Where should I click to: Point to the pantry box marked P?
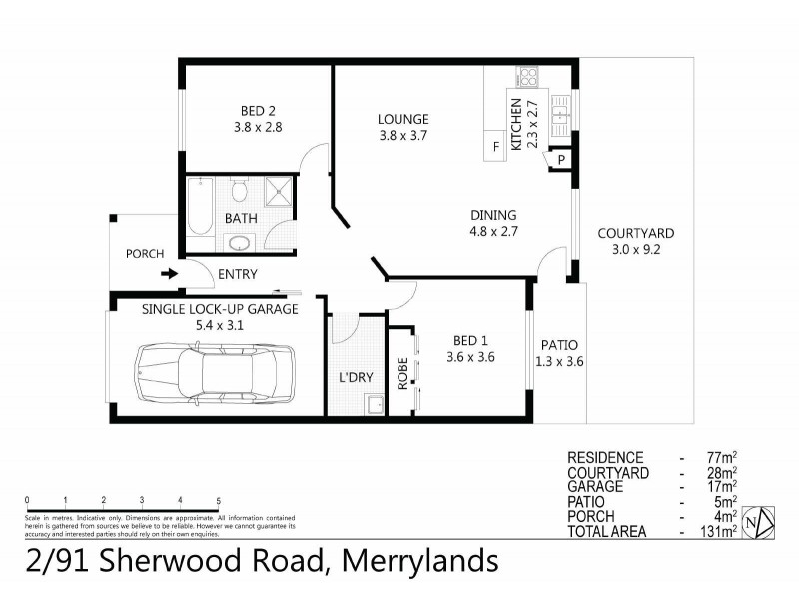561,160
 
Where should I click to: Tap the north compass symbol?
762,521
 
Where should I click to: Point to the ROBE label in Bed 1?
402,372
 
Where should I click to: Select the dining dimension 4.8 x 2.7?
493,232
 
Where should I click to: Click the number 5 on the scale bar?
218,499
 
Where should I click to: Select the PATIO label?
559,345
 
